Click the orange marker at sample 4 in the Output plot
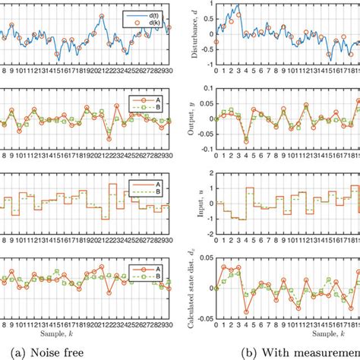[x=246, y=141]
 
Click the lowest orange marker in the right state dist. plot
[x=246, y=312]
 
